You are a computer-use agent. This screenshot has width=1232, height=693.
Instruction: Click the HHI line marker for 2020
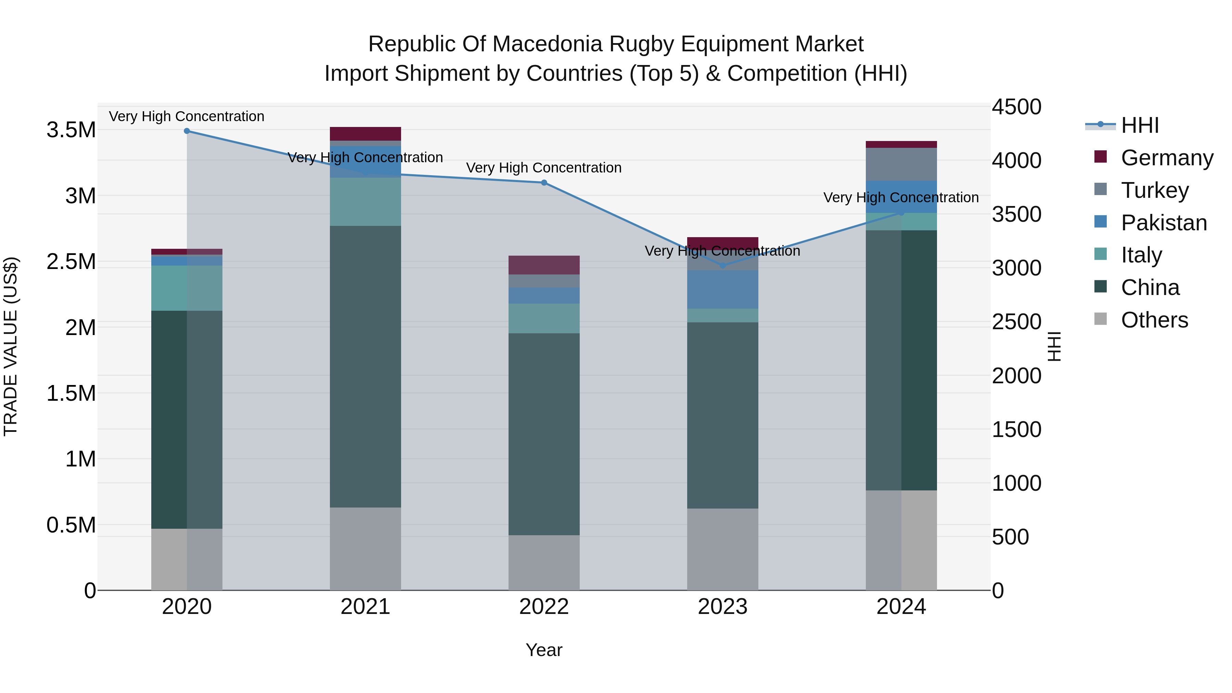tap(187, 131)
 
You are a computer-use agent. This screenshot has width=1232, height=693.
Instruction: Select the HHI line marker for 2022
tap(544, 183)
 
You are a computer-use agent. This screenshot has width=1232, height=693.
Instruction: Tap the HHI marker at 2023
tap(723, 266)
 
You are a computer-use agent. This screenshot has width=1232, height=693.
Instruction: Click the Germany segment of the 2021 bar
tap(365, 134)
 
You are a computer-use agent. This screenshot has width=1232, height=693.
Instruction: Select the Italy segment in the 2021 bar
tap(365, 202)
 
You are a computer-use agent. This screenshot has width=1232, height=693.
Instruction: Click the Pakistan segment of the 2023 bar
tap(723, 289)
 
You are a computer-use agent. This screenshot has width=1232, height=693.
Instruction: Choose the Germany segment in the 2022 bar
tap(544, 265)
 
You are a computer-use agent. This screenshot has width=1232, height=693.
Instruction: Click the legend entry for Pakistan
tap(1163, 223)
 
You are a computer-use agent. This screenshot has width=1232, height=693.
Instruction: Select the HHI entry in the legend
tap(1140, 125)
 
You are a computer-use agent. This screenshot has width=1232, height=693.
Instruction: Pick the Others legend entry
tap(1154, 320)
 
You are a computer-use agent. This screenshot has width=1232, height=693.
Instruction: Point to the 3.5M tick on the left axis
tap(71, 130)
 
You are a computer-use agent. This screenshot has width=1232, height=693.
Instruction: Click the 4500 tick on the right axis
tap(1016, 107)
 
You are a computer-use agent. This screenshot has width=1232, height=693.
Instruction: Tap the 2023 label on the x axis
tap(723, 607)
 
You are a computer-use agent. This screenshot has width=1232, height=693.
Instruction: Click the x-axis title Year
tap(544, 650)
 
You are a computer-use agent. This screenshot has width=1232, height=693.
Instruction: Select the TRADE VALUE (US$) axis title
tap(11, 346)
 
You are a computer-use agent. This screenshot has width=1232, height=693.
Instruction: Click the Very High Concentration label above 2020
tap(187, 116)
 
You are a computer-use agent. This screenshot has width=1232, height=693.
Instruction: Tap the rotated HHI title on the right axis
tap(1054, 346)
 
